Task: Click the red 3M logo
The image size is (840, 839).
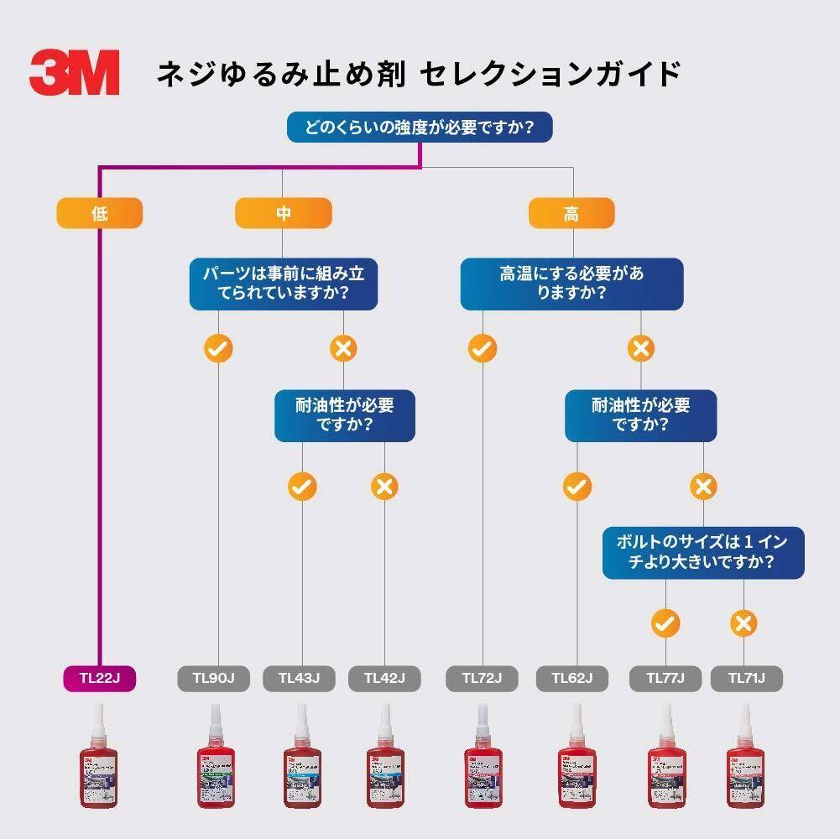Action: (74, 72)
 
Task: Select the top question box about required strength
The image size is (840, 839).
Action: (420, 128)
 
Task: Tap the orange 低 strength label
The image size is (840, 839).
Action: (99, 213)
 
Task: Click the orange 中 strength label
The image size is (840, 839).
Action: (283, 213)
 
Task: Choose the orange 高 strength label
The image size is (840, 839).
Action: (571, 213)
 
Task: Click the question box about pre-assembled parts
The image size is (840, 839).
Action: (283, 284)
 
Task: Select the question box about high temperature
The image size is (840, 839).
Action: (571, 284)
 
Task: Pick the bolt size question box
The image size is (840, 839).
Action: (702, 552)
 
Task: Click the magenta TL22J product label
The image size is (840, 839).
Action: (99, 678)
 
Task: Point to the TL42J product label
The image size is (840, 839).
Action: (384, 678)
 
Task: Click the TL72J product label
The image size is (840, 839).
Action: (483, 678)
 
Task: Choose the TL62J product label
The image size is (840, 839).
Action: (572, 678)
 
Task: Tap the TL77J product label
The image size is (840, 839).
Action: (665, 678)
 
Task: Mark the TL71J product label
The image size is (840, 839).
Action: (746, 678)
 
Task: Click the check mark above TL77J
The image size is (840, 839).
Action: (665, 623)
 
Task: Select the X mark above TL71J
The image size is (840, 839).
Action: (743, 623)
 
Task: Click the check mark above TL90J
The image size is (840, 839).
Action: (218, 348)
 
